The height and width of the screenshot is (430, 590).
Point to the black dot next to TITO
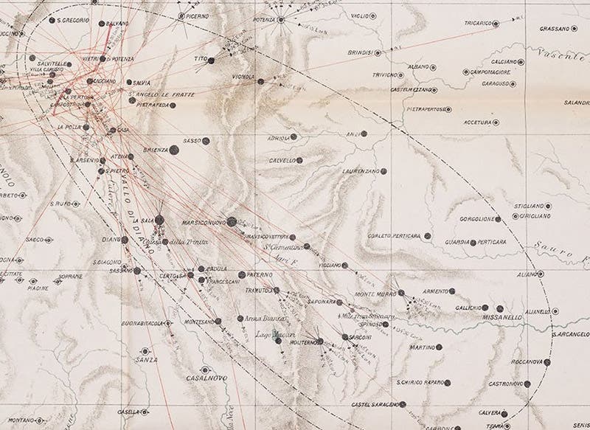(x=211, y=61)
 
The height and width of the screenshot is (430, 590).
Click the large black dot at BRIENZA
(x=175, y=150)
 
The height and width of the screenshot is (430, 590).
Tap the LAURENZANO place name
(x=360, y=172)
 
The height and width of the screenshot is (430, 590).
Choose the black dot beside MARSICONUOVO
(x=232, y=221)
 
